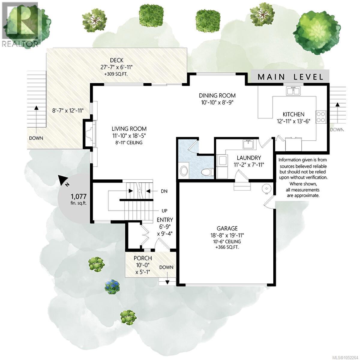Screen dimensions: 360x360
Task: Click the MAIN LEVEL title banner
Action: [290, 76]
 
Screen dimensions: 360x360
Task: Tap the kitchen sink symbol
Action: [293, 91]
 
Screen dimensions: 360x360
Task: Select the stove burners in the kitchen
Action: [321, 117]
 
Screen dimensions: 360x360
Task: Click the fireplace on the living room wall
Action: [90, 134]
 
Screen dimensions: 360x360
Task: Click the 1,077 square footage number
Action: [79, 196]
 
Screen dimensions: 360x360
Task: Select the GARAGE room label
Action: [227, 228]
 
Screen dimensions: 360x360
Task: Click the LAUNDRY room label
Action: [249, 158]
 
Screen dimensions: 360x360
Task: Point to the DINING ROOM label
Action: [217, 95]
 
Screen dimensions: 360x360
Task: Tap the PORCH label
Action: [143, 258]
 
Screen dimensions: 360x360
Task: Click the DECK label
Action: [117, 60]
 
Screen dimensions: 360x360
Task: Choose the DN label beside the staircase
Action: [164, 191]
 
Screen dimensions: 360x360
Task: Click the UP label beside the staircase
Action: [164, 211]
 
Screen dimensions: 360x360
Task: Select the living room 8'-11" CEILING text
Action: [129, 143]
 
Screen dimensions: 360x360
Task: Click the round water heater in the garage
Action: [266, 189]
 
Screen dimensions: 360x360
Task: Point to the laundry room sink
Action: [248, 144]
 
